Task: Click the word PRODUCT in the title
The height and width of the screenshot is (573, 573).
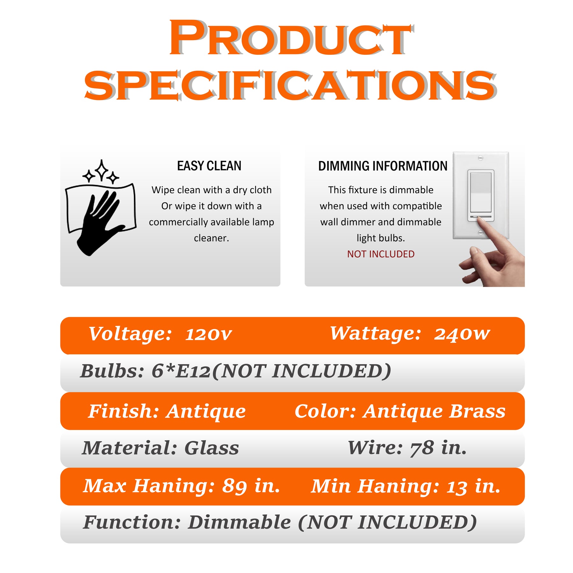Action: [291, 38]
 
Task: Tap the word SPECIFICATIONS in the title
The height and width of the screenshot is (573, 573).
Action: [290, 85]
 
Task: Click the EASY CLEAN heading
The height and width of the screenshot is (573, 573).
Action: [209, 166]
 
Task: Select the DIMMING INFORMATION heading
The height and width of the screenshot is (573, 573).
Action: [383, 166]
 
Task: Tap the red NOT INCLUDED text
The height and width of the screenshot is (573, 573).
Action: [381, 254]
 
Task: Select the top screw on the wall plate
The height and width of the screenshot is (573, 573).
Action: [481, 158]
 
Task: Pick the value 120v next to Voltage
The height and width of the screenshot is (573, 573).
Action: [209, 334]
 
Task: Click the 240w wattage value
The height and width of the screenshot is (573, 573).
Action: [462, 334]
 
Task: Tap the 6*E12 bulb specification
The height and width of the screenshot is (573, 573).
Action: [181, 371]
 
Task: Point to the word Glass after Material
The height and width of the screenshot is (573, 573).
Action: [212, 448]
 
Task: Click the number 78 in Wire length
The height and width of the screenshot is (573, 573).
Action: [422, 448]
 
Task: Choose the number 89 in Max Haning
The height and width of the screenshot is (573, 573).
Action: [235, 486]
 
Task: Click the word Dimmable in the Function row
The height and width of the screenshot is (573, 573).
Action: [239, 522]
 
